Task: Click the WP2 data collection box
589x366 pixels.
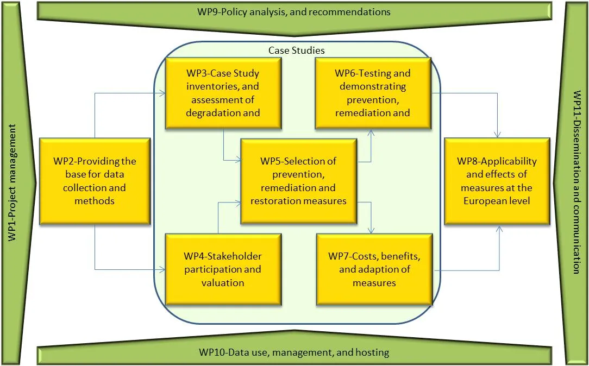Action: [95, 181]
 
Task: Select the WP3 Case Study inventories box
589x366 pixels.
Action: [223, 93]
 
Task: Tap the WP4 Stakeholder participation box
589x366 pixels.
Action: [223, 269]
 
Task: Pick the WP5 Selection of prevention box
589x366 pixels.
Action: [298, 181]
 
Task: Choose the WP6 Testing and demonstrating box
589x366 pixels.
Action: [373, 93]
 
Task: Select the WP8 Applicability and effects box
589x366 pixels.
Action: [497, 181]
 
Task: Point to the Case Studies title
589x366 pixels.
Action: [297, 51]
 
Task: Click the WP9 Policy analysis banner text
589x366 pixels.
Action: [294, 11]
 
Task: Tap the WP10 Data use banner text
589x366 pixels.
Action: [294, 352]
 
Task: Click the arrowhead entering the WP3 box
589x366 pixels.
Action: [162, 93]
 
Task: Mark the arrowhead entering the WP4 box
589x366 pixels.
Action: [162, 269]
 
